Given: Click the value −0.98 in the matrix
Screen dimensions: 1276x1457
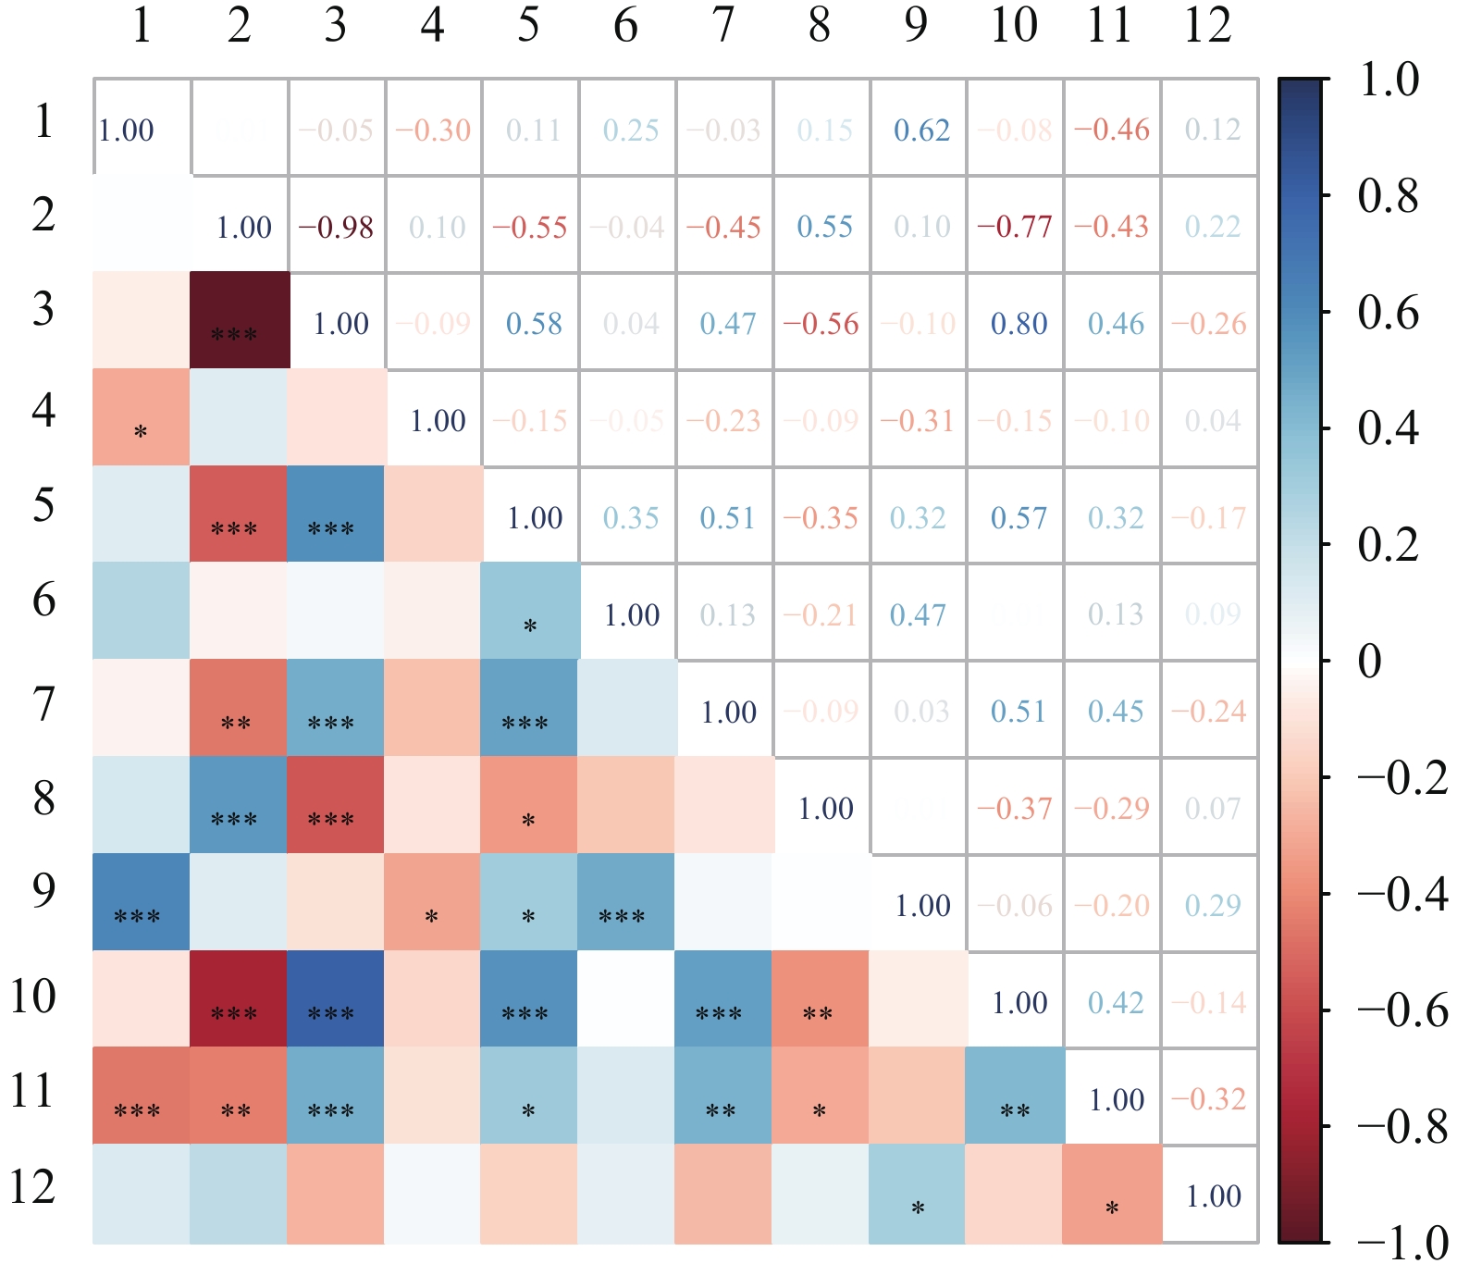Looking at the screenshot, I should point(336,228).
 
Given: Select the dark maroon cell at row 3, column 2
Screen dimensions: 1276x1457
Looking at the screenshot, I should point(240,320).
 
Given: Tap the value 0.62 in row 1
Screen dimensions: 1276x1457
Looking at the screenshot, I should point(921,130).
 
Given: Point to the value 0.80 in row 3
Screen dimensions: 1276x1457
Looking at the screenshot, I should point(1019,324).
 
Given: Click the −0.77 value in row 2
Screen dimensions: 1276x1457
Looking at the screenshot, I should point(1015,228).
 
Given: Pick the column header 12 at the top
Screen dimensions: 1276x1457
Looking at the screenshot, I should point(1207,26).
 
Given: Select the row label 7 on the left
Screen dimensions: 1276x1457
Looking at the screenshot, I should point(43,705).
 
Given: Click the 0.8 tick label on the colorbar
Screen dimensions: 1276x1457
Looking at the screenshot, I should point(1388,196).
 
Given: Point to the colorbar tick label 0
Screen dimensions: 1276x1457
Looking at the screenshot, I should point(1370,662).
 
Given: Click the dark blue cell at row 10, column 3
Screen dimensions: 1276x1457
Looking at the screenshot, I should point(336,999).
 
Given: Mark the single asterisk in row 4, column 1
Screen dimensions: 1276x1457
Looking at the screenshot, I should point(141,432).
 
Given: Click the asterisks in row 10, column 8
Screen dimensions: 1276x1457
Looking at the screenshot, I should point(818,1014).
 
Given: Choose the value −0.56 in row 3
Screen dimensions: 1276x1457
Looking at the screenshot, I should point(821,324).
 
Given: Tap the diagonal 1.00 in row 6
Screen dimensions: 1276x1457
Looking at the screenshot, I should point(632,615).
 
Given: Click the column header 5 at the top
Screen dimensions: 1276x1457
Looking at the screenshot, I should point(528,26).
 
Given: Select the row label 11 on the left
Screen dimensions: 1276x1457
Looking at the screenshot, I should point(33,1092).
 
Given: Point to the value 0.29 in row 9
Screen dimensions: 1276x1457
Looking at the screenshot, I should point(1213,906).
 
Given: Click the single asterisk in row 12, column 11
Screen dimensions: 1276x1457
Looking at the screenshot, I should point(1112,1208).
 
